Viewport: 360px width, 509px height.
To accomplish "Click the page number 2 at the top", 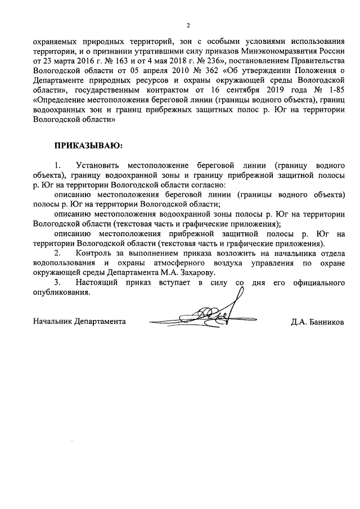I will tap(188, 25).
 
